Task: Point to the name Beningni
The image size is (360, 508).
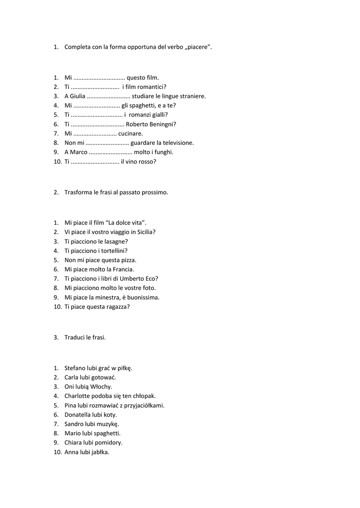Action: point(161,124)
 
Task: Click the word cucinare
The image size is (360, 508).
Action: point(131,133)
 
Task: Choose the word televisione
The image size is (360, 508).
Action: point(175,143)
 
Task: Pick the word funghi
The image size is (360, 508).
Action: point(163,152)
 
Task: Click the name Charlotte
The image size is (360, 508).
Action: point(77,396)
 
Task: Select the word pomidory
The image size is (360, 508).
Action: point(109,443)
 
